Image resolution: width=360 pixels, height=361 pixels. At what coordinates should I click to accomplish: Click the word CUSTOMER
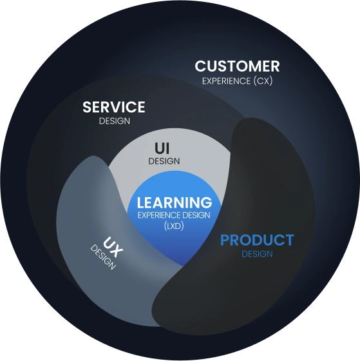237,66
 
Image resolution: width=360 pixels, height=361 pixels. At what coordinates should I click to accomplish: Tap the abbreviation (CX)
263,81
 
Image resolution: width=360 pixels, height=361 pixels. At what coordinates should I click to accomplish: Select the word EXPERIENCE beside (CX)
226,81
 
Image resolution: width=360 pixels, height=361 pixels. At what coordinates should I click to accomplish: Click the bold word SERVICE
114,107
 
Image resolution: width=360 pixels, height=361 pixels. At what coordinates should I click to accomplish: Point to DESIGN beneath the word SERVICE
115,121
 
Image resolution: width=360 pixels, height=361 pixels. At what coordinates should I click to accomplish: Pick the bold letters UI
162,148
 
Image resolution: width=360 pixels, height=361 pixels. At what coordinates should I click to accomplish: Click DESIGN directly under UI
164,161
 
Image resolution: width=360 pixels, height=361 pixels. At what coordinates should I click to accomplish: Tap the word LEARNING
175,202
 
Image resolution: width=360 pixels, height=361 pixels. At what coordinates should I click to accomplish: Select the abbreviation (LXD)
174,226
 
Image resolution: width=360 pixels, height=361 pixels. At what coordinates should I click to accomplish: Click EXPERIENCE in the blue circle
159,215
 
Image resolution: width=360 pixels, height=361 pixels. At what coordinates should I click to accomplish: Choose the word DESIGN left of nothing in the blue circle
196,215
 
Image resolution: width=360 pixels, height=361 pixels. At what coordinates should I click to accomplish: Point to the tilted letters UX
113,248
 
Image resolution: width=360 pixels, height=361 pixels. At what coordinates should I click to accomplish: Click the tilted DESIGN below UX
103,257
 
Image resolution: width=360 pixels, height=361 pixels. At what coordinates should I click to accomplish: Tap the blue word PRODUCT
257,240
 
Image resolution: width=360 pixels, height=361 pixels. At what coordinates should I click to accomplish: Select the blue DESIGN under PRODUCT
257,254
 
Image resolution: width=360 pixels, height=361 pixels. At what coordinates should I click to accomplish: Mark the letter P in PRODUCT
225,240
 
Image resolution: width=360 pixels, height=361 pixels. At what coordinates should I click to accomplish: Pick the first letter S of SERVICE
87,107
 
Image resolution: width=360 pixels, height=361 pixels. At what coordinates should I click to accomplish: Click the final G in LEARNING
206,202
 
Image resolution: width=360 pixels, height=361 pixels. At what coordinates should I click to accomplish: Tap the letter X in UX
117,252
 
